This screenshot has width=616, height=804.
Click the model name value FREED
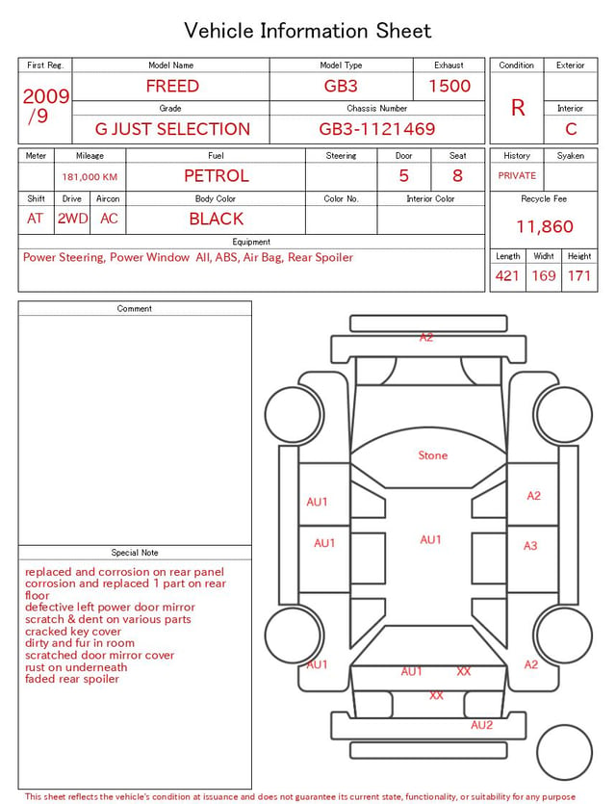pyautogui.click(x=172, y=86)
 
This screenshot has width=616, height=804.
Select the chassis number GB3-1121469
pyautogui.click(x=377, y=129)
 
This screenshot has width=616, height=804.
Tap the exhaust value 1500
pyautogui.click(x=449, y=86)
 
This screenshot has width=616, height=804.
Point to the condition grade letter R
pyautogui.click(x=518, y=108)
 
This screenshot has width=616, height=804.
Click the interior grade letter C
pyautogui.click(x=571, y=129)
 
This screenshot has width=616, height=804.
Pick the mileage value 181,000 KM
pyautogui.click(x=90, y=177)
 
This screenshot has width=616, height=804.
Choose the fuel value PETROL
pyautogui.click(x=217, y=176)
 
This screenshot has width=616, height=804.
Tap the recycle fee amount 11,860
pyautogui.click(x=545, y=226)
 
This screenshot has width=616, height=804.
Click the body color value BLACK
pyautogui.click(x=217, y=219)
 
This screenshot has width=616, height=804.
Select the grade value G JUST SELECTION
pyautogui.click(x=172, y=129)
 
